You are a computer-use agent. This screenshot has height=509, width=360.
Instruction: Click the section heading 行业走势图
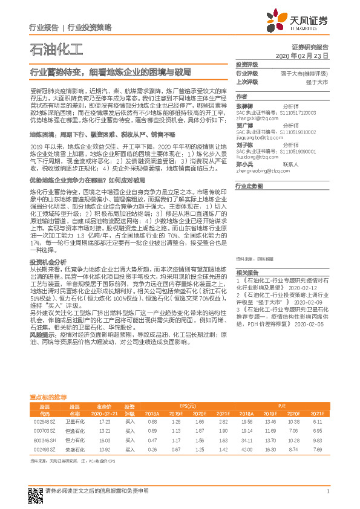pos(249,187)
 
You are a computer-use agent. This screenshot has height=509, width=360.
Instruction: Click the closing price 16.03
pos(104,441)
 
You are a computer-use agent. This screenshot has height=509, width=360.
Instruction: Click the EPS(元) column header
pos(188,406)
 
